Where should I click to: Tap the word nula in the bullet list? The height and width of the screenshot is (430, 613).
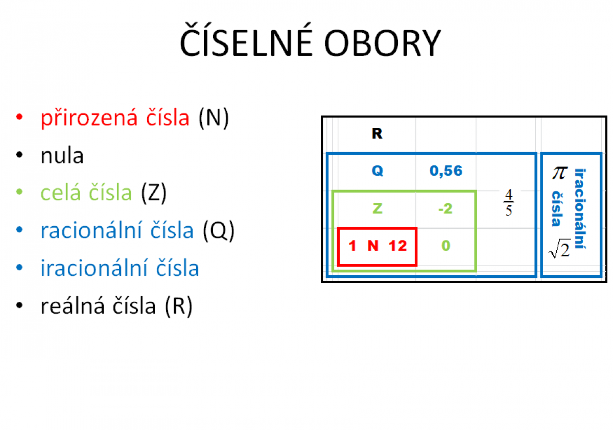[62, 156]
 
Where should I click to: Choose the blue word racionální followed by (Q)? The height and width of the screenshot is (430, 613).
[117, 231]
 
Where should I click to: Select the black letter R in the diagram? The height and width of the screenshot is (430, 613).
[377, 134]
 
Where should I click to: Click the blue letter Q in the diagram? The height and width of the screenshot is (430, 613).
[377, 171]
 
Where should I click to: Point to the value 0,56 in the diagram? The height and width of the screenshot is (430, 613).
[446, 171]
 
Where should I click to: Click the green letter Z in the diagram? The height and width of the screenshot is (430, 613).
[377, 208]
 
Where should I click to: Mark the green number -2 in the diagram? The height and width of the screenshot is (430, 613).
[445, 208]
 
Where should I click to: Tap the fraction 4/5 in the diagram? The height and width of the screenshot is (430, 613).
[508, 203]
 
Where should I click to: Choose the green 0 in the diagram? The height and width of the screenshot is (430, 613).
[446, 246]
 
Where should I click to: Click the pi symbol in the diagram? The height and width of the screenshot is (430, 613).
[559, 173]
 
